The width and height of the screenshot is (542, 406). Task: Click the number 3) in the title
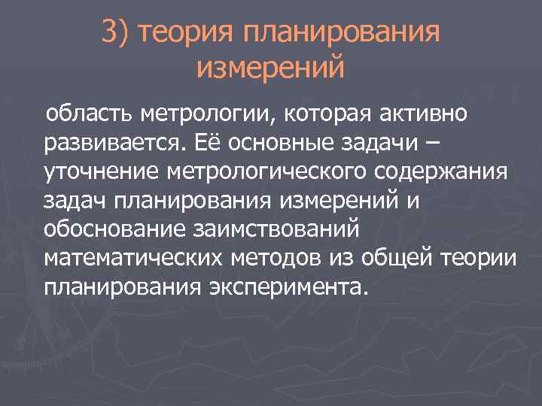pyautogui.click(x=114, y=32)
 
